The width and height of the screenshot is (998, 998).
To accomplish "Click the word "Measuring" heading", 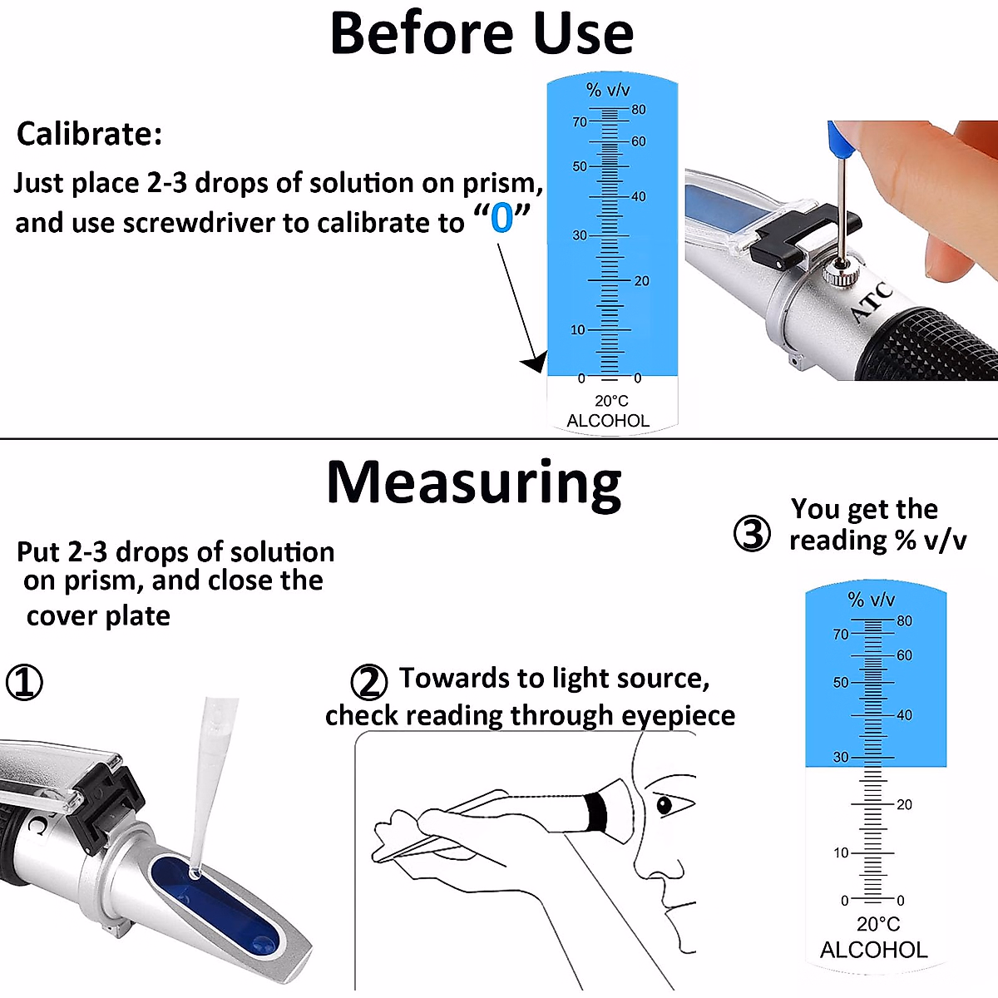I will [474, 484].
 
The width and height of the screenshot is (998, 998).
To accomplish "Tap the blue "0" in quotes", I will [501, 218].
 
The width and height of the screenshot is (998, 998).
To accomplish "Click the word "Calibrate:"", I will [90, 134].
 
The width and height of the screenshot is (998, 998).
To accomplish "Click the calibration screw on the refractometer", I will [837, 273].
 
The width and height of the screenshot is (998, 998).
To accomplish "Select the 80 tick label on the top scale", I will [638, 110].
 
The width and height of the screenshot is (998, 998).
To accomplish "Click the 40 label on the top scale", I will [638, 197].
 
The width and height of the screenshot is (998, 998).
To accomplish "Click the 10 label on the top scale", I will [578, 330].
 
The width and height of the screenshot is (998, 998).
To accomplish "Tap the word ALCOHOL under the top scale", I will [608, 421].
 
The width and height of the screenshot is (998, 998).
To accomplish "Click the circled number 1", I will [24, 683].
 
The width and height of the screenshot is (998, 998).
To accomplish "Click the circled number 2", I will [368, 683].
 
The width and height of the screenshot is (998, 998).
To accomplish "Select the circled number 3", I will [752, 533].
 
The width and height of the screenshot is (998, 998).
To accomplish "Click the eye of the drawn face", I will [664, 804].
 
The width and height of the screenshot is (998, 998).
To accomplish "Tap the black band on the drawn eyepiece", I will [595, 810].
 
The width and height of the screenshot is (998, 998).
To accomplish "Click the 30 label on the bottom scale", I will [841, 758].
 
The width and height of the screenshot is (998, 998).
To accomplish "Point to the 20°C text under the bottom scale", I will [878, 924].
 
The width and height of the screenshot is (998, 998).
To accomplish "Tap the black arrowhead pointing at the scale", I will [534, 363].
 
